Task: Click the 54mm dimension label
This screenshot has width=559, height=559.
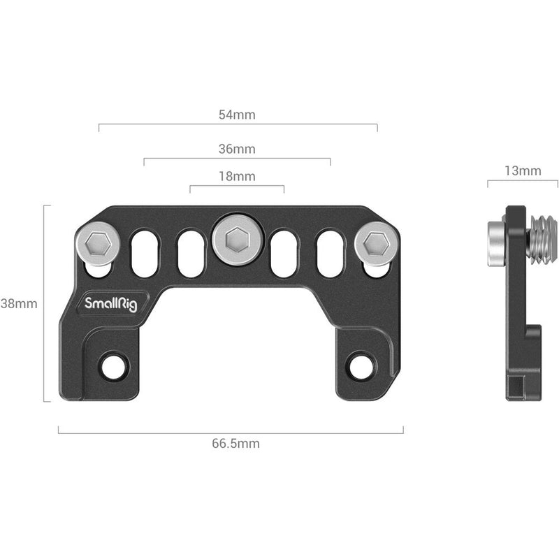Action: coord(237,114)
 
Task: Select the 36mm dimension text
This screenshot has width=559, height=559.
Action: coord(237,149)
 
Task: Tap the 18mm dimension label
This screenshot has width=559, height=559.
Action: coord(237,176)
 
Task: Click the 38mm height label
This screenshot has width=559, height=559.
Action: coord(19,303)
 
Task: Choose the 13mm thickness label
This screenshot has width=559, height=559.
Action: coord(522,170)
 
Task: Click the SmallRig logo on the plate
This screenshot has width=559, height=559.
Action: coord(112,304)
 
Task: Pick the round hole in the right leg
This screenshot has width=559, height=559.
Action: coord(361,365)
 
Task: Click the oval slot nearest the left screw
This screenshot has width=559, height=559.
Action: coord(145,254)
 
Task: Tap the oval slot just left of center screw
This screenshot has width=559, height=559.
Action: coord(190,254)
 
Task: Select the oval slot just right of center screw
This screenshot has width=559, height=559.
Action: coord(284,254)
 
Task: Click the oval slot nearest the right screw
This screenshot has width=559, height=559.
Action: coord(331,254)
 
